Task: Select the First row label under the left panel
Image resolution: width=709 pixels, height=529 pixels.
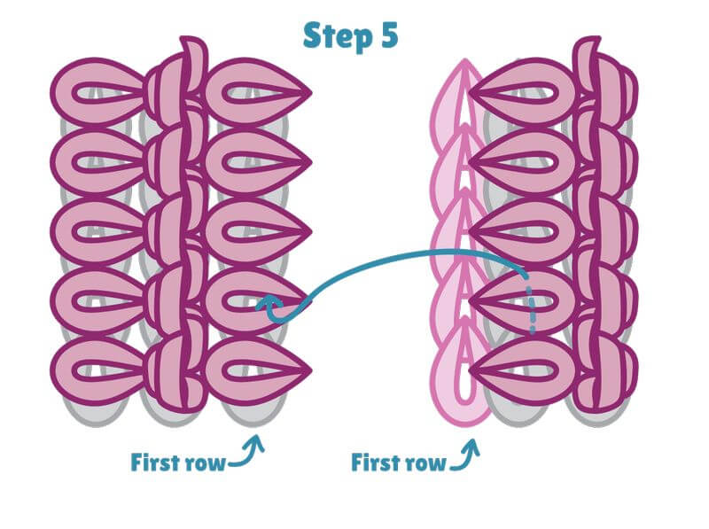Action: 176,462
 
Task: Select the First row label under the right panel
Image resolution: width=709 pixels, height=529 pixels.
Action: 398,463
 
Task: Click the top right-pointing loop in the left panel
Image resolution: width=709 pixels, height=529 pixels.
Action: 257,92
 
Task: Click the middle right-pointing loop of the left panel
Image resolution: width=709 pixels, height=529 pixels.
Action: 257,233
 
